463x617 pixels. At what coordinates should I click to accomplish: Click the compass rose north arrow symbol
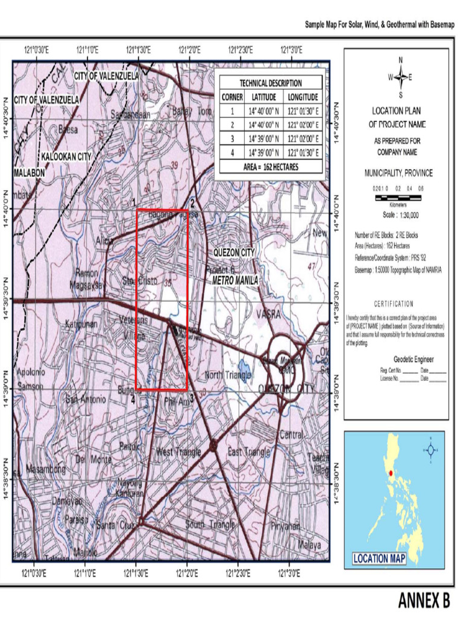pyautogui.click(x=400, y=77)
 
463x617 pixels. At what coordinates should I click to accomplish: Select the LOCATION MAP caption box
pyautogui.click(x=379, y=559)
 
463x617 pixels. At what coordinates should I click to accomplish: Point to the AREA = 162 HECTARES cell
pyautogui.click(x=270, y=167)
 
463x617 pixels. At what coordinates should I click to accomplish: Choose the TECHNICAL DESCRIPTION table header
pyautogui.click(x=270, y=83)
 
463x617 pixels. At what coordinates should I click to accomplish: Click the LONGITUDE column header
pyautogui.click(x=303, y=97)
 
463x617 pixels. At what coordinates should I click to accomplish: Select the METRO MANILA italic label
pyautogui.click(x=235, y=281)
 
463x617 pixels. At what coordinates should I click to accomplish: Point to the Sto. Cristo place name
pyautogui.click(x=140, y=281)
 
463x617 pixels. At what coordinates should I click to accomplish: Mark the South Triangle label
pyautogui.click(x=210, y=525)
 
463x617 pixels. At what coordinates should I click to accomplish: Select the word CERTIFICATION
pyautogui.click(x=394, y=304)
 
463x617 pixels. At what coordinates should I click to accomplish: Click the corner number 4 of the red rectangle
pyautogui.click(x=132, y=398)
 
